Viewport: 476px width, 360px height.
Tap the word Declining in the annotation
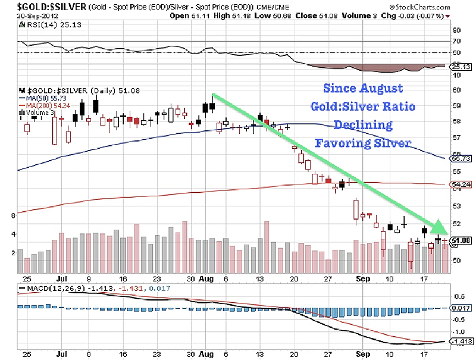[x=362, y=125]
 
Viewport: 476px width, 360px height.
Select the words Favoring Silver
[x=362, y=143]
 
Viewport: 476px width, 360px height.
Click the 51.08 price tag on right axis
[x=462, y=240]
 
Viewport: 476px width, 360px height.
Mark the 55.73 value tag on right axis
[x=462, y=159]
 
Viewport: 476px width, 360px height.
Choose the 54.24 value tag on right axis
[x=462, y=185]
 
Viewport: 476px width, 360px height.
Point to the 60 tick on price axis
[x=457, y=90]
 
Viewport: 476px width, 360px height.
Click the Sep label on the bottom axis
[x=362, y=278]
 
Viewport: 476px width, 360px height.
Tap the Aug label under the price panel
[x=206, y=278]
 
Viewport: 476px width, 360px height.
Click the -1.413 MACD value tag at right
[x=462, y=342]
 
